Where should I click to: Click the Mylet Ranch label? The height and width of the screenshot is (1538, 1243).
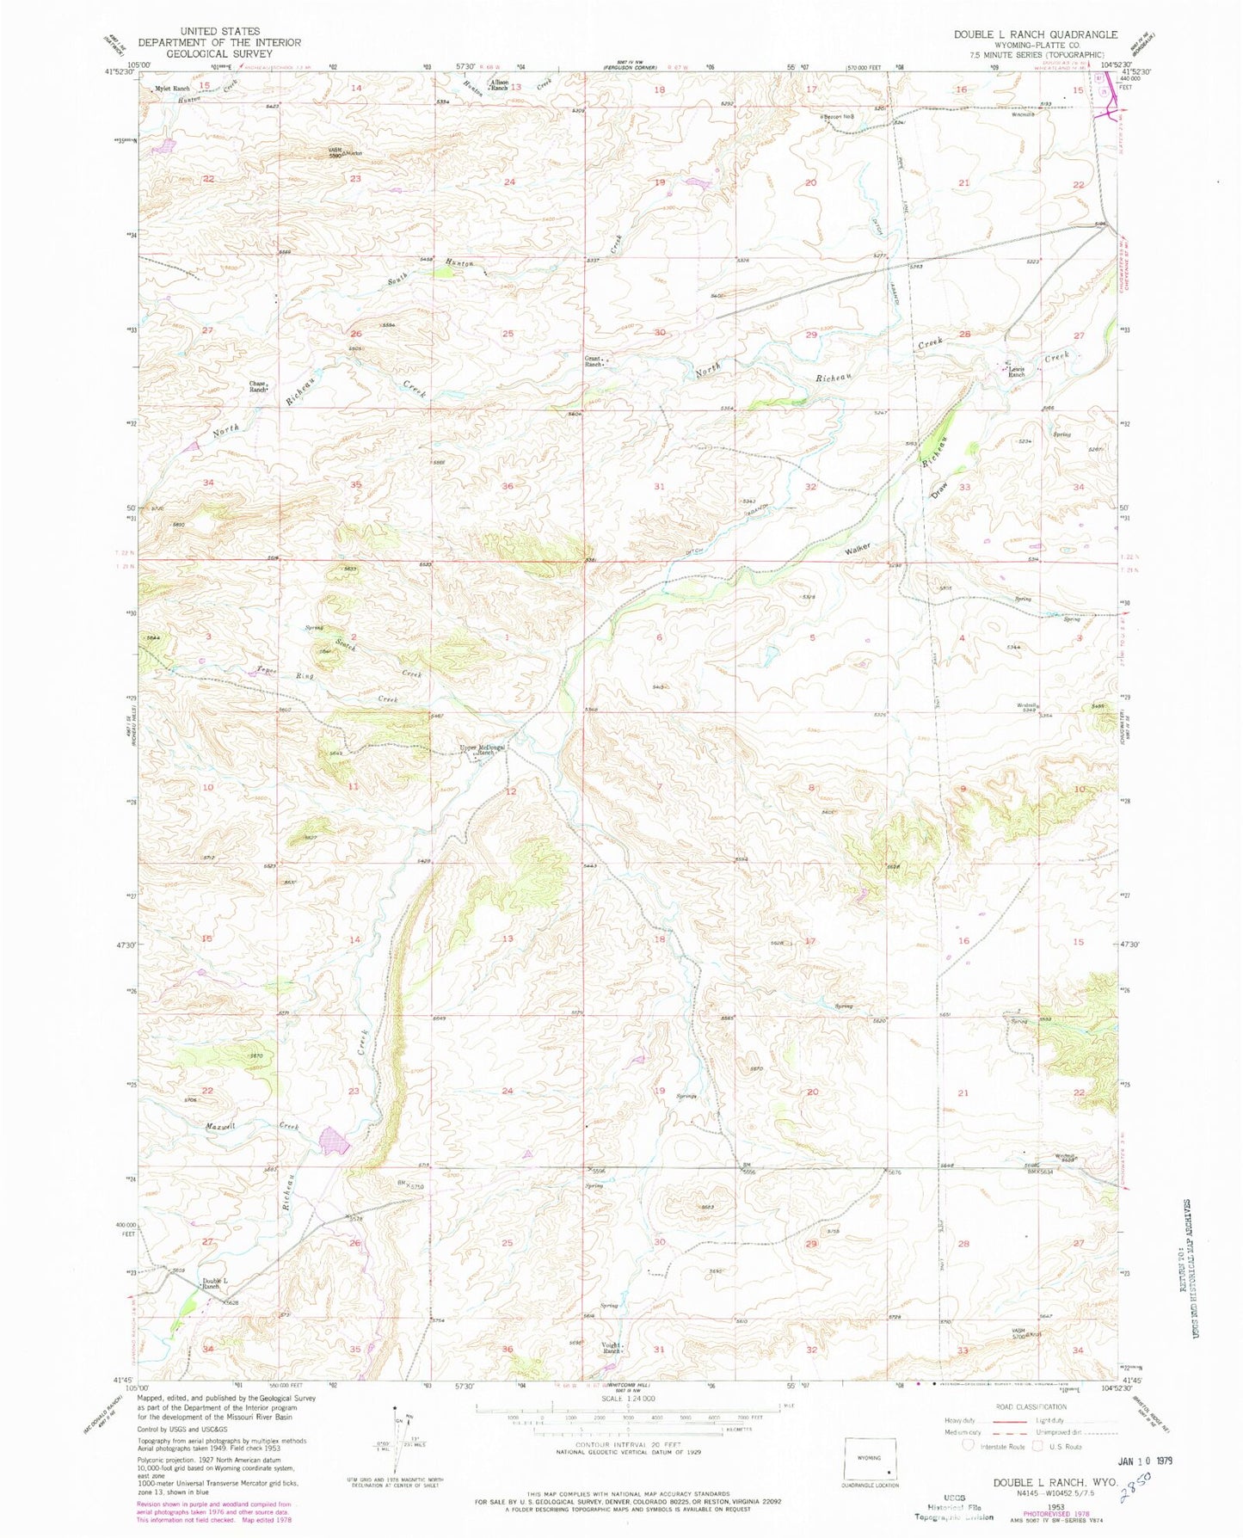pos(171,89)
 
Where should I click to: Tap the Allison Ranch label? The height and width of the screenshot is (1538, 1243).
pos(500,85)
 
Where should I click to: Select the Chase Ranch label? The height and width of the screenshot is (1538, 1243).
pos(258,387)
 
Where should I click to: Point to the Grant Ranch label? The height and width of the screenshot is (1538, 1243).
pos(593,361)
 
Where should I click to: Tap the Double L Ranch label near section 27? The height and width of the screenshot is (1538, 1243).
pos(214,1283)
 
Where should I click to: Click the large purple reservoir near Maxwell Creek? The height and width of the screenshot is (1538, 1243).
pos(335,1142)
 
